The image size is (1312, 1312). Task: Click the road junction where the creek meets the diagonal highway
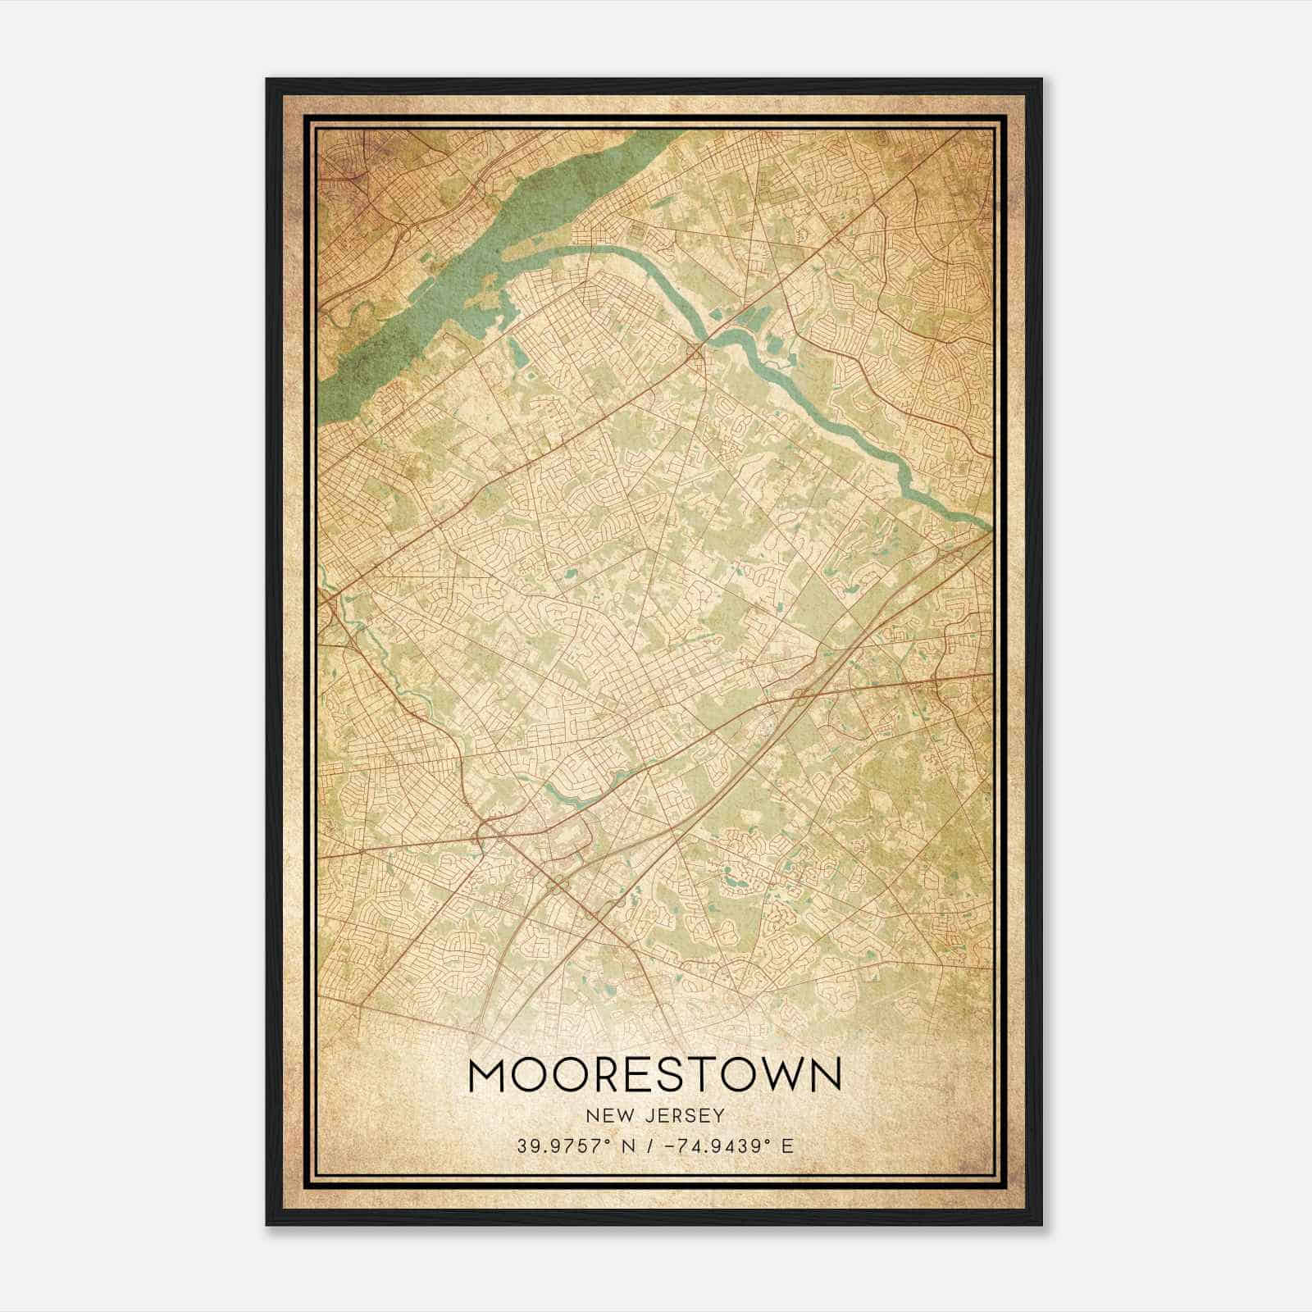point(698,351)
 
